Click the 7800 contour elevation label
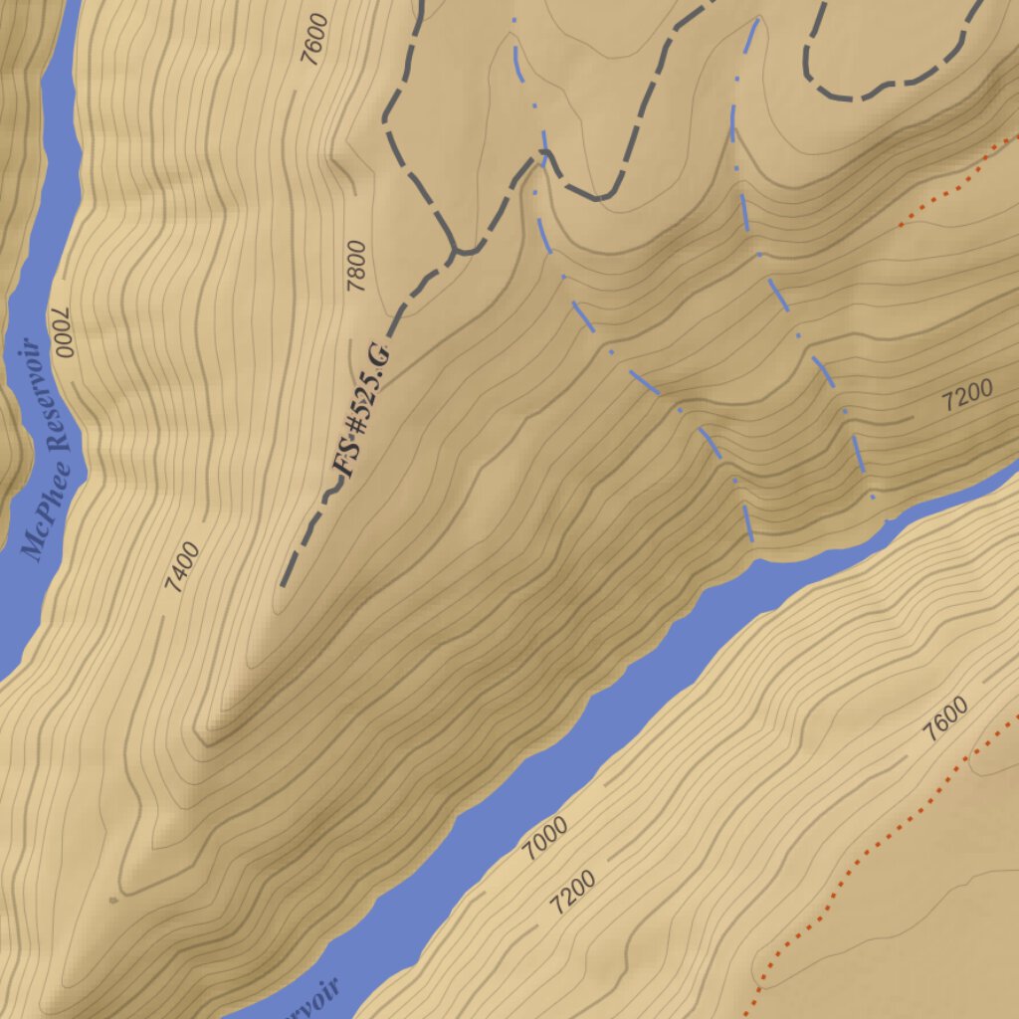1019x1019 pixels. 356,267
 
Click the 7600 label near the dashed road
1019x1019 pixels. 313,39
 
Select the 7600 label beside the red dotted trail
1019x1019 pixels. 944,720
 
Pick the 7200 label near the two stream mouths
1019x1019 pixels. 966,396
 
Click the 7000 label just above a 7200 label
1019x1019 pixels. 545,838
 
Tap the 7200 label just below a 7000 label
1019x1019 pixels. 572,893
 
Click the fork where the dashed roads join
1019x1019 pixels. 456,249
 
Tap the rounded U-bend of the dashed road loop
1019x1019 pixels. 841,96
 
